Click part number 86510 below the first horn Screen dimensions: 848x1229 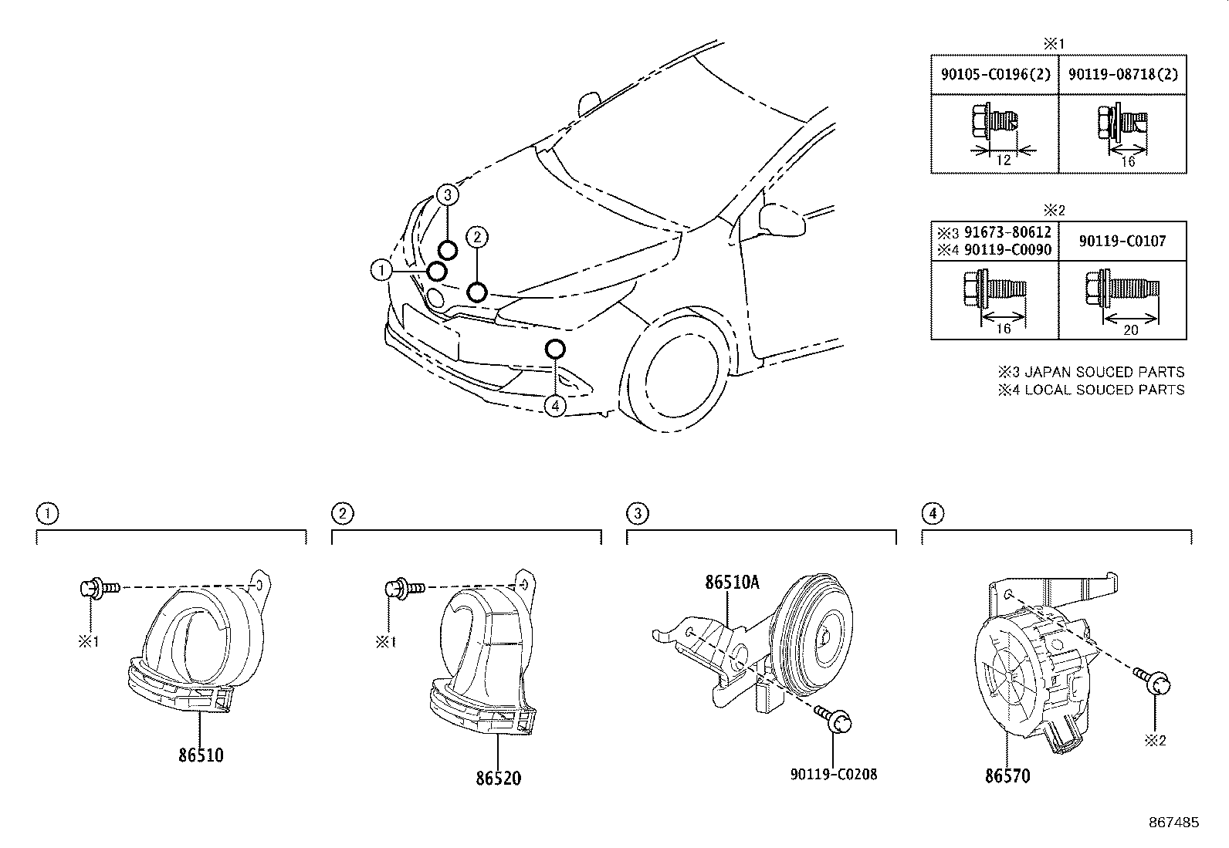point(201,755)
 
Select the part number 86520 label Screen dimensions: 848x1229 point(498,778)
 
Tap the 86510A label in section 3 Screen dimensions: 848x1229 point(731,582)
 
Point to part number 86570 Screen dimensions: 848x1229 point(1007,776)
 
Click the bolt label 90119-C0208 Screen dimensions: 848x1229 point(834,774)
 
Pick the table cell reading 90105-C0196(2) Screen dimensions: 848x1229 point(994,75)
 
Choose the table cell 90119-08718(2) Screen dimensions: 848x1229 point(1122,75)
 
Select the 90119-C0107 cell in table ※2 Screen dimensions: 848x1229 point(1122,242)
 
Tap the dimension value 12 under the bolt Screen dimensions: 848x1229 point(1003,160)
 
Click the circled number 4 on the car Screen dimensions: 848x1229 point(555,405)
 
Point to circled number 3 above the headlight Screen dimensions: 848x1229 point(448,194)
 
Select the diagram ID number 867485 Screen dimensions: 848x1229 point(1173,823)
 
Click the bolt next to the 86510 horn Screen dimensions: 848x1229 point(99,588)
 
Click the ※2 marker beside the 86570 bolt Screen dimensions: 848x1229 point(1155,741)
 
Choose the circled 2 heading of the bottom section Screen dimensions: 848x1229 point(343,513)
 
